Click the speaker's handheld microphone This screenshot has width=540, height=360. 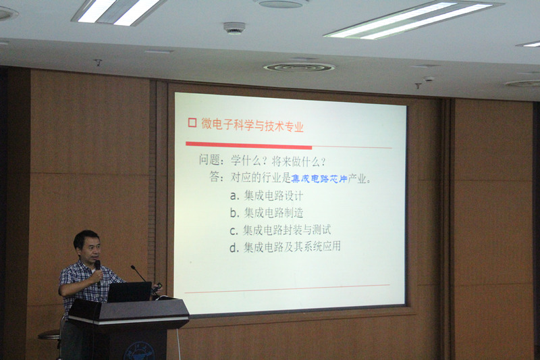98,273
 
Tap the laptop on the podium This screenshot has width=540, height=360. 130,292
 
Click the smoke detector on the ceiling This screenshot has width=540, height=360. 234,28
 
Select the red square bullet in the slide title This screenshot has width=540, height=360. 192,123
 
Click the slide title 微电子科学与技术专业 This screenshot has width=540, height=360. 252,125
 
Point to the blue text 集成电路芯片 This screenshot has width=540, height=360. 319,178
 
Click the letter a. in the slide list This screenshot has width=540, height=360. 234,196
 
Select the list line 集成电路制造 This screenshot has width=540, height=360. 274,213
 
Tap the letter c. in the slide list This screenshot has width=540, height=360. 234,230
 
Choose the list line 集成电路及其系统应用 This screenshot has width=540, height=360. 292,247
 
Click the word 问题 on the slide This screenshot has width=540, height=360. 209,160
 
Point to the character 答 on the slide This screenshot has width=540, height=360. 215,177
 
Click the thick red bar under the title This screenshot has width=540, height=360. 248,145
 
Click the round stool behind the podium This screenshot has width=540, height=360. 49,334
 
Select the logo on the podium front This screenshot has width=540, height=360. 139,351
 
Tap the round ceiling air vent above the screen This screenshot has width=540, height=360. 299,67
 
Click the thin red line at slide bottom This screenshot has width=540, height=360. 288,288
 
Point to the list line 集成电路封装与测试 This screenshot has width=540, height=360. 288,230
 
